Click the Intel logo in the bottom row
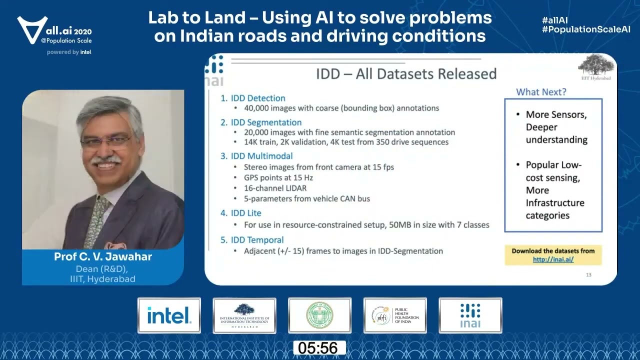pyautogui.click(x=169, y=315)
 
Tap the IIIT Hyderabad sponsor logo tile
pyautogui.click(x=244, y=315)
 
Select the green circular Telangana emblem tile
pyautogui.click(x=319, y=315)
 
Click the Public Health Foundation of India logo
pyautogui.click(x=395, y=315)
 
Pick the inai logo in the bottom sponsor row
pyautogui.click(x=470, y=315)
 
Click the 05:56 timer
pyautogui.click(x=319, y=348)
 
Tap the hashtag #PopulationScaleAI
pyautogui.click(x=586, y=30)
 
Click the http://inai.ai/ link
pyautogui.click(x=553, y=259)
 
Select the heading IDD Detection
pyautogui.click(x=258, y=98)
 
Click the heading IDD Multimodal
pyautogui.click(x=261, y=156)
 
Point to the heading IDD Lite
pyautogui.click(x=246, y=213)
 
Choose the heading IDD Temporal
pyautogui.click(x=257, y=240)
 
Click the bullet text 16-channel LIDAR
pyautogui.click(x=275, y=188)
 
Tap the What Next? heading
pyautogui.click(x=541, y=92)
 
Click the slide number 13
pyautogui.click(x=588, y=274)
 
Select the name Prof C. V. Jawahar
pyautogui.click(x=103, y=257)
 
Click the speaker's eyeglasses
pyautogui.click(x=106, y=142)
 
